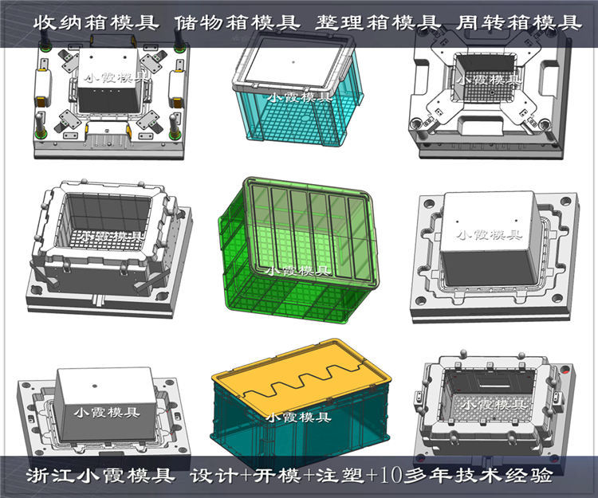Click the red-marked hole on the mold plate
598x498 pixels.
pyautogui.click(x=565, y=372)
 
